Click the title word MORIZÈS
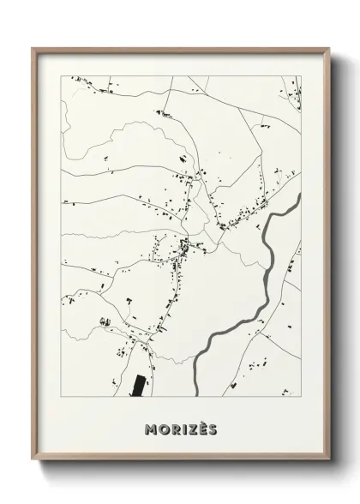(181, 429)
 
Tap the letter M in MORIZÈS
(153, 429)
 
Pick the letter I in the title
(182, 429)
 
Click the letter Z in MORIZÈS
(189, 429)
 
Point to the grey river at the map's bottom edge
(198, 390)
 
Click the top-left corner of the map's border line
(60, 76)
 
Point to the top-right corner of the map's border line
(302, 76)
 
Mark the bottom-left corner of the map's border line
(60, 397)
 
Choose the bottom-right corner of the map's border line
(302, 397)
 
